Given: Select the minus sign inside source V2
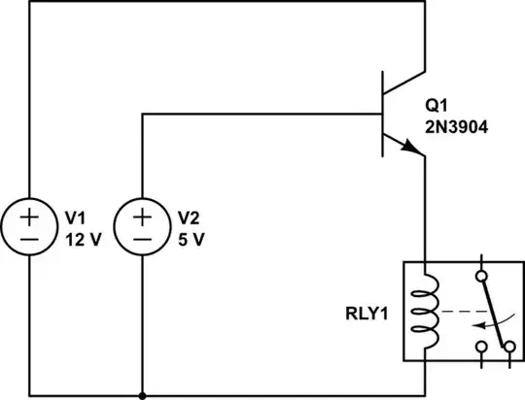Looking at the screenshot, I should pyautogui.click(x=142, y=238).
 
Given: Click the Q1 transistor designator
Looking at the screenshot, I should pyautogui.click(x=436, y=105).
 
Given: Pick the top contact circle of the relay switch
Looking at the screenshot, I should pyautogui.click(x=478, y=278).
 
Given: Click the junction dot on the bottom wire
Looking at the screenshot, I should pyautogui.click(x=142, y=396).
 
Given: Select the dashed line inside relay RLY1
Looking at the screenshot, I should pyautogui.click(x=462, y=314).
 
